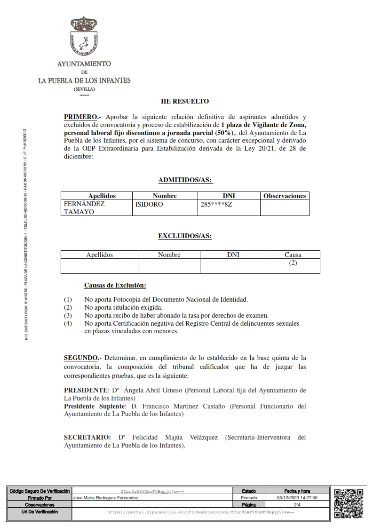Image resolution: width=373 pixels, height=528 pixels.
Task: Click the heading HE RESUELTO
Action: pyautogui.click(x=185, y=101)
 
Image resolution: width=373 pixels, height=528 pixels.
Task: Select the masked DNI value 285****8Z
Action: pyautogui.click(x=216, y=204)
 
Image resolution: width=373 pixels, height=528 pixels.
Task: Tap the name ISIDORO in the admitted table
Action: pyautogui.click(x=149, y=204)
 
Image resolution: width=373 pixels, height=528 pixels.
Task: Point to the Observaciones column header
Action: pyautogui.click(x=285, y=196)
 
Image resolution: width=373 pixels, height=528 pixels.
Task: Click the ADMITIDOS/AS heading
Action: pyautogui.click(x=185, y=180)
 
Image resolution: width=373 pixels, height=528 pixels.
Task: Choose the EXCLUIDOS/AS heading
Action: pyautogui.click(x=185, y=236)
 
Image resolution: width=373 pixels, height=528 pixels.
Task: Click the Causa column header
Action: pyautogui.click(x=293, y=255)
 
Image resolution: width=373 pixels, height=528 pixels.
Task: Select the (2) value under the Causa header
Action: pyautogui.click(x=293, y=263)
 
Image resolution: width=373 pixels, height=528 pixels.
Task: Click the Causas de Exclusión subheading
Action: pyautogui.click(x=115, y=285)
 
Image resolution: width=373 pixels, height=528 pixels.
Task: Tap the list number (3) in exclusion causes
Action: pyautogui.click(x=68, y=315)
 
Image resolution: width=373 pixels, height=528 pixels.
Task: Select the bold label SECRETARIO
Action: pyautogui.click(x=87, y=437)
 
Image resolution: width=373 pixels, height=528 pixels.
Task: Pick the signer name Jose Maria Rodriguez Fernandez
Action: pyautogui.click(x=106, y=497)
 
